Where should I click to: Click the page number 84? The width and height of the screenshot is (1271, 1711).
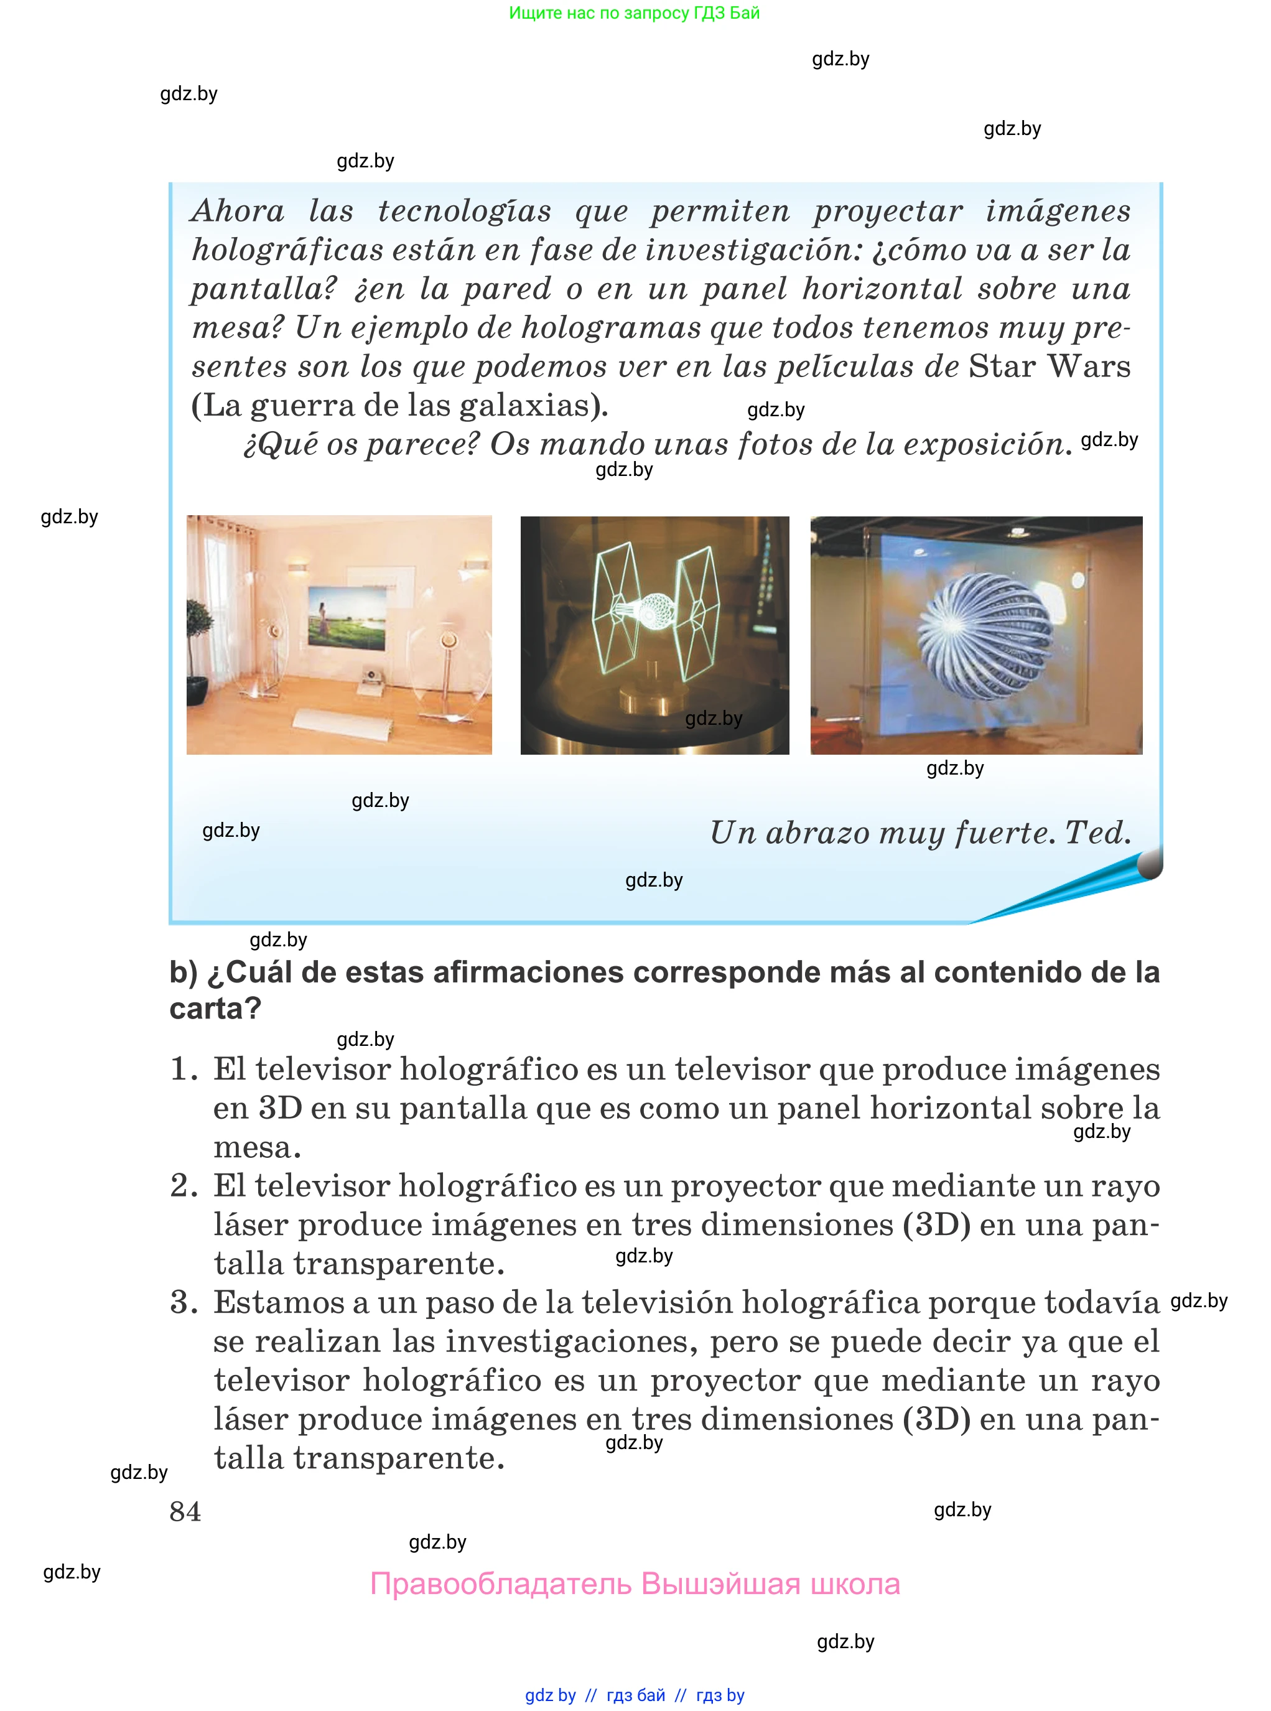(x=185, y=1511)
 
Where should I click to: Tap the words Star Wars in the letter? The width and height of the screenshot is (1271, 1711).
(x=1050, y=366)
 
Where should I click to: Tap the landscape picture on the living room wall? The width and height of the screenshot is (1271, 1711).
(x=348, y=616)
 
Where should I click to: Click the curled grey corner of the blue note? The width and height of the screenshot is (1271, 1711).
(x=1150, y=863)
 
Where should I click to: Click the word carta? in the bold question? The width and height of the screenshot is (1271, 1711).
(x=215, y=1009)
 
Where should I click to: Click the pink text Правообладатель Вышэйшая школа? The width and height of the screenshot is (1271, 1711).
(x=635, y=1584)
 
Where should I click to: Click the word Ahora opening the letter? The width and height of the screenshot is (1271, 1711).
(x=238, y=211)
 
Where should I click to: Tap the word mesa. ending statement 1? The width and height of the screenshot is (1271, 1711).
(x=257, y=1148)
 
